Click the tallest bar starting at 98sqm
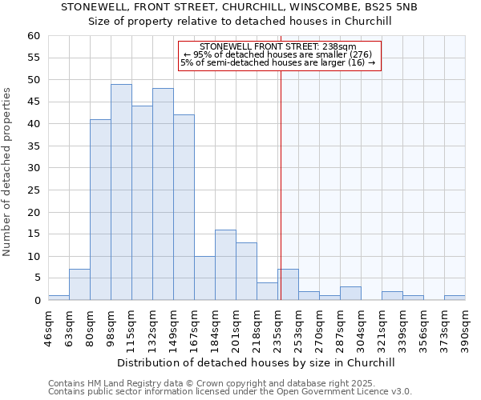coord(121,192)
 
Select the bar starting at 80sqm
coord(100,210)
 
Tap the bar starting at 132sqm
coord(163,194)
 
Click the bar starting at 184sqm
coord(225,265)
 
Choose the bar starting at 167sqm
coord(204,278)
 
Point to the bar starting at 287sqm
coord(350,294)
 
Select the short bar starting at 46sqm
coord(59,298)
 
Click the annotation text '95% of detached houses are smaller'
coord(277,54)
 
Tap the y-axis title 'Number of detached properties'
coord(8,173)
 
